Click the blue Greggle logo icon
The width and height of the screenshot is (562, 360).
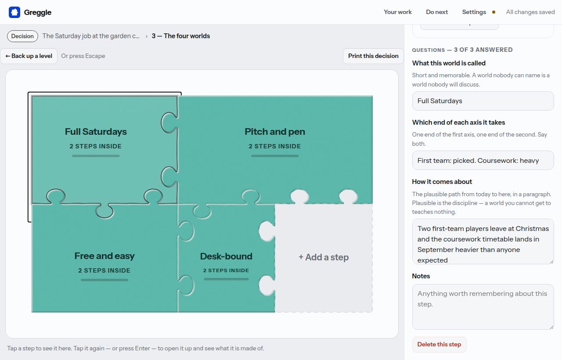pos(14,12)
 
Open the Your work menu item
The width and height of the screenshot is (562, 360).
pos(398,12)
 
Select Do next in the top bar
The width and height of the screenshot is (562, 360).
pos(437,12)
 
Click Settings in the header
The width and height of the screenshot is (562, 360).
pos(474,12)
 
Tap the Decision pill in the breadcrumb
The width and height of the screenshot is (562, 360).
pos(22,36)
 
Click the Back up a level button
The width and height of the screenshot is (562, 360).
pos(29,56)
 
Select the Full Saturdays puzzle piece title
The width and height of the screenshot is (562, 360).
pos(96,131)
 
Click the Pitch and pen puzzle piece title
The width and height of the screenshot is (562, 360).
pos(275,131)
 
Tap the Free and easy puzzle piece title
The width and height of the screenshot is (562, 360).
pos(104,256)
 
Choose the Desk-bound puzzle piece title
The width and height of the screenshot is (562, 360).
pos(226,256)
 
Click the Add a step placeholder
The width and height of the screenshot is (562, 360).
pos(324,257)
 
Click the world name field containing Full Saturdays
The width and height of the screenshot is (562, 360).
pos(483,101)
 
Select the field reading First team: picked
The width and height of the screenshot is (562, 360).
pos(483,160)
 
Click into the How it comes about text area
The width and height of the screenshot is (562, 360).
pos(483,241)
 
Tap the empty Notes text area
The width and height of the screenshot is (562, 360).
pos(483,307)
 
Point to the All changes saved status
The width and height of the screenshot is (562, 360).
pos(530,12)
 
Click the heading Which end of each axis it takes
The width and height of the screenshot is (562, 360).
pos(458,122)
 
